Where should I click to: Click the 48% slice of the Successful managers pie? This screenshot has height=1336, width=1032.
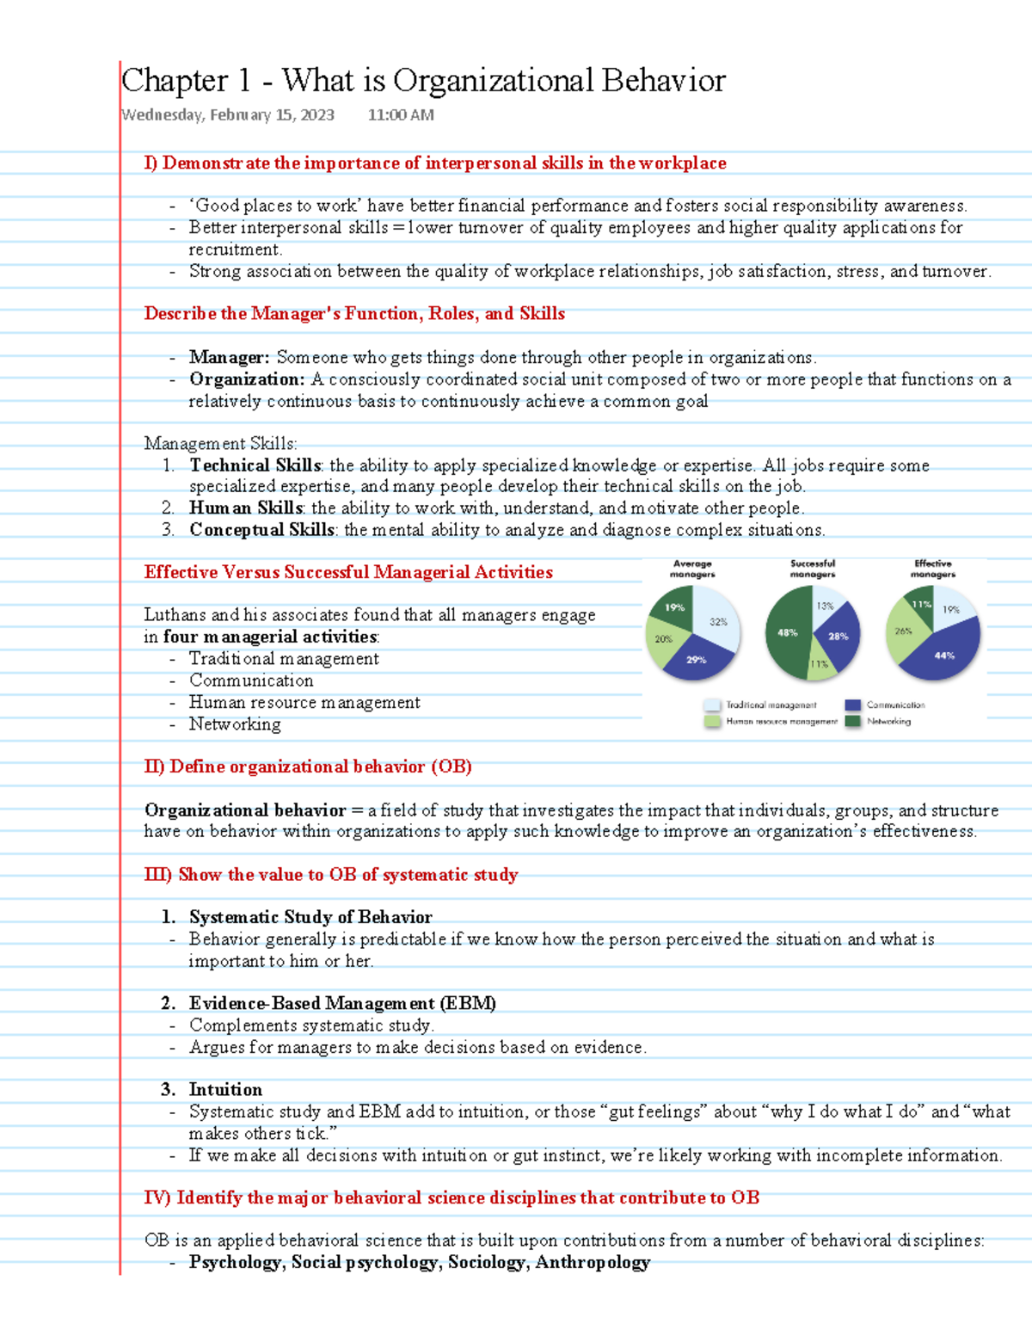787,633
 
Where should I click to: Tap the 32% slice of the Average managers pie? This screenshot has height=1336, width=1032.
718,621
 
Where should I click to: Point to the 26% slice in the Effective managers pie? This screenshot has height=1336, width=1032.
903,632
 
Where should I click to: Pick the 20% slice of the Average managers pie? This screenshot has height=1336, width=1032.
665,639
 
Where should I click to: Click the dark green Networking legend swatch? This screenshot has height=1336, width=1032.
853,722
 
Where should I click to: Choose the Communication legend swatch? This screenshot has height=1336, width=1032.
853,705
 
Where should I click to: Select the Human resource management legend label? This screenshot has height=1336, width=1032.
781,722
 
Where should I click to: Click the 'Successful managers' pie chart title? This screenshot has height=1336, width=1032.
813,569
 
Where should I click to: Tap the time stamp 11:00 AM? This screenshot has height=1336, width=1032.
401,115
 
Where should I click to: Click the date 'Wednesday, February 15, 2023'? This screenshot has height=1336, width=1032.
228,115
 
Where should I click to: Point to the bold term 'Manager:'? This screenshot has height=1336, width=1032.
230,357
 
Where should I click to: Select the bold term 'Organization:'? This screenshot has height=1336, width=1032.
247,379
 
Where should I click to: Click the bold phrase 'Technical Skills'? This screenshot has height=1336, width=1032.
255,465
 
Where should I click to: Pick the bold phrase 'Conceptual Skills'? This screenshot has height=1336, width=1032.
261,530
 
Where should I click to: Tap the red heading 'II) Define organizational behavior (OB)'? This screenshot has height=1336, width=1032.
308,767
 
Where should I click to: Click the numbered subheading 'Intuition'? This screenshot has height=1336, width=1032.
225,1090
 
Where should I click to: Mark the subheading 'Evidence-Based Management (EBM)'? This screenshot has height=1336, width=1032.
342,1003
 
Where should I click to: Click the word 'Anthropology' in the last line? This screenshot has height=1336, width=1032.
593,1262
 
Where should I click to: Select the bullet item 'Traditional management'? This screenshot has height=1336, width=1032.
284,659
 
